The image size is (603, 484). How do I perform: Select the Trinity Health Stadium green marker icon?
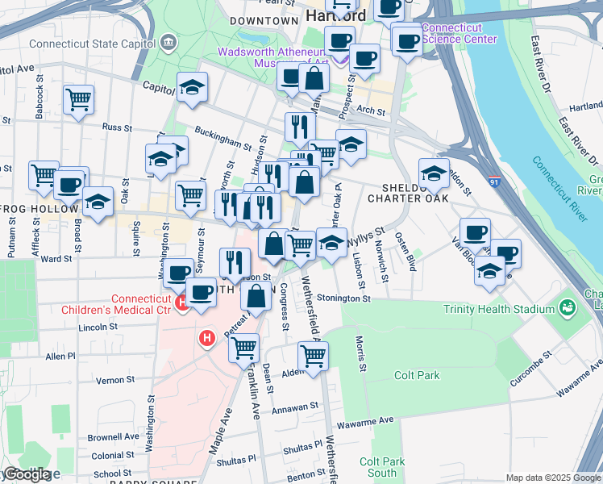[x=567, y=308]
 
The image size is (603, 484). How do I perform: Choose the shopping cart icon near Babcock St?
[x=78, y=100]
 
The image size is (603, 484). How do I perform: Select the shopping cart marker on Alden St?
[x=313, y=355]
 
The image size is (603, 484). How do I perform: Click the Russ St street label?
[x=117, y=127]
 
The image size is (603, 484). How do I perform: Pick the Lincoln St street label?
[x=98, y=328]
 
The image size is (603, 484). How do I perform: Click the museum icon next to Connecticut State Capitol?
[x=168, y=41]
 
